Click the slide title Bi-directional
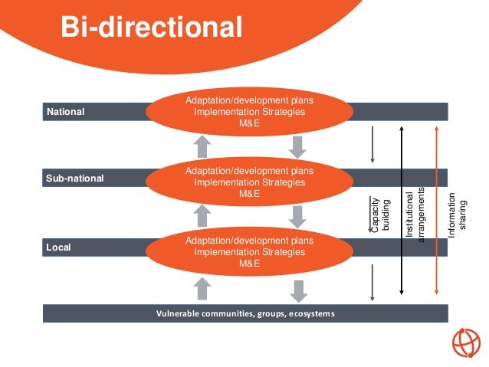tap(152, 28)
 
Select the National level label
tap(66, 112)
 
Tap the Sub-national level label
tap(75, 179)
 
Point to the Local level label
tap(58, 247)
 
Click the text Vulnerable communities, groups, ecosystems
tap(245, 313)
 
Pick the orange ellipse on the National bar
tap(250, 112)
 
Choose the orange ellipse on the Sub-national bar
tap(250, 182)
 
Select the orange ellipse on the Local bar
tap(250, 252)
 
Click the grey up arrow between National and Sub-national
tap(202, 146)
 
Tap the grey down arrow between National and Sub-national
tap(298, 146)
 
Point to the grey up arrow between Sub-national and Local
tap(202, 216)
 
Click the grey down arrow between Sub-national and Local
tap(298, 216)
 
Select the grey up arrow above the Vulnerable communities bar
tap(202, 288)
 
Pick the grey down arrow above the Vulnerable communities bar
tap(298, 290)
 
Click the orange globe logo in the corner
tap(465, 342)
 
